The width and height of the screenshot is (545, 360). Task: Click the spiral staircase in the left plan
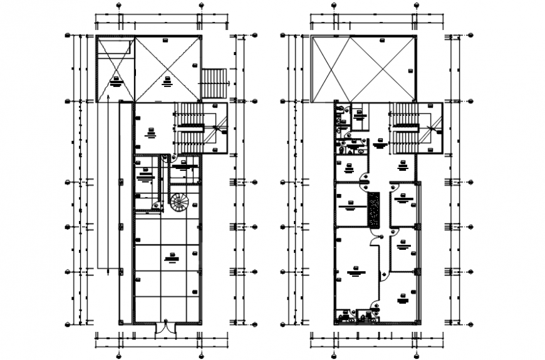(179, 202)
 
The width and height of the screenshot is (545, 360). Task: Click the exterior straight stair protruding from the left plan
(214, 83)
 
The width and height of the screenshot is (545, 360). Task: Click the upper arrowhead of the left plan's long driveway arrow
(108, 98)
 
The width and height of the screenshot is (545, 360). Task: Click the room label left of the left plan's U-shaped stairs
(150, 131)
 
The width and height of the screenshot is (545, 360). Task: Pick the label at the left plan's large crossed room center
(167, 79)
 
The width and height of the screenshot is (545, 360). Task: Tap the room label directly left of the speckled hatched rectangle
(350, 205)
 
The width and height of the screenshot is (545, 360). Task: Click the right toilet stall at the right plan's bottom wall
(370, 317)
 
